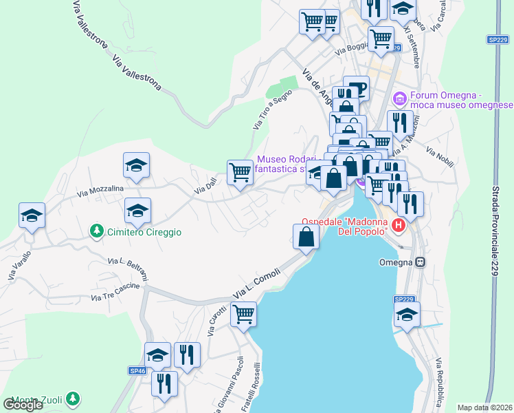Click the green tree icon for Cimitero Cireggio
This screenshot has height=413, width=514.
(98, 231)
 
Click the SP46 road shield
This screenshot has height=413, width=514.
(137, 370)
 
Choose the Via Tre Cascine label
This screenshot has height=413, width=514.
(115, 294)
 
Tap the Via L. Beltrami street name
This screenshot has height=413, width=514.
(128, 271)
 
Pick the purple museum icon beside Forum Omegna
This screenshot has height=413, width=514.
(401, 96)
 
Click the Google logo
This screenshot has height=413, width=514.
(23, 404)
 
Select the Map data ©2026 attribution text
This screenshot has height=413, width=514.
(484, 407)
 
